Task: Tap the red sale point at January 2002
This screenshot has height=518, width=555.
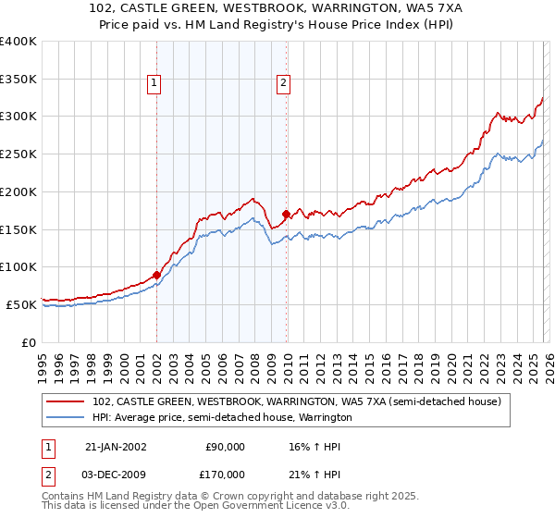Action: [156, 274]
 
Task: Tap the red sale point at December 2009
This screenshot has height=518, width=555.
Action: [286, 214]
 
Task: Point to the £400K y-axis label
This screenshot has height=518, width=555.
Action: [18, 42]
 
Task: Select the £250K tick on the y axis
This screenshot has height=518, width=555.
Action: [18, 154]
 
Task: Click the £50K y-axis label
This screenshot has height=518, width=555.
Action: [21, 304]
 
